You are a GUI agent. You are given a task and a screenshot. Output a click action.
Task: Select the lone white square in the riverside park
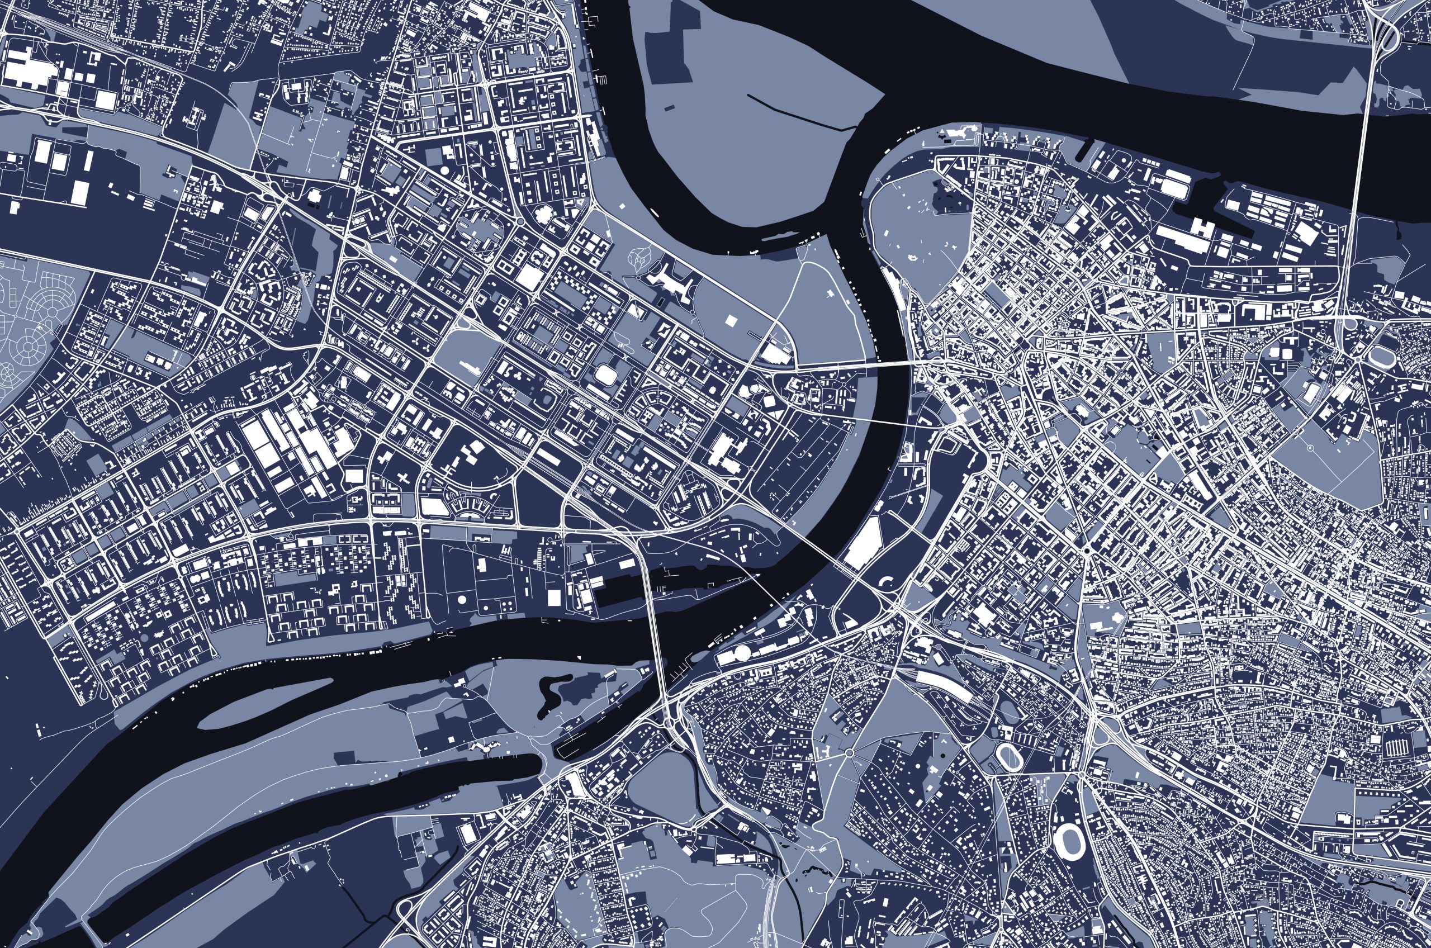point(732,320)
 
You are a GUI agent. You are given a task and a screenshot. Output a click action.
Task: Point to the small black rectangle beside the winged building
point(661,302)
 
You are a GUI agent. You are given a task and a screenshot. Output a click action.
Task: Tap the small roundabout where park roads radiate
point(850,753)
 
